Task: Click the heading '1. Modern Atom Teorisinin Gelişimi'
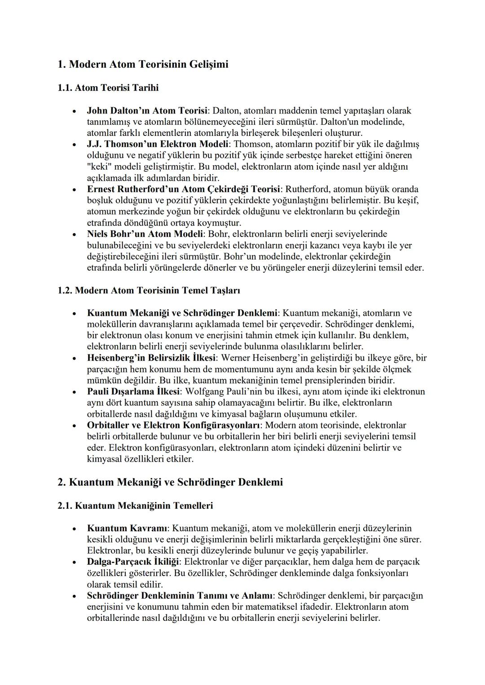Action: point(143,64)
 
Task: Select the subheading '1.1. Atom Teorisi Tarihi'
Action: point(108,87)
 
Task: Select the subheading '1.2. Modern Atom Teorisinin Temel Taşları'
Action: point(149,290)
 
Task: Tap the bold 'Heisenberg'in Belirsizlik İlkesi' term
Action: point(152,358)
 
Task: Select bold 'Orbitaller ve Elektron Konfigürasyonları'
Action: point(174,425)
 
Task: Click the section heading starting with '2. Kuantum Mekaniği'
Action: point(170,482)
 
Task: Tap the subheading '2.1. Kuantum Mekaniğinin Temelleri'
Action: point(135,506)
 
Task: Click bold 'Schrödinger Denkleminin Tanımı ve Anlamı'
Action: point(180,596)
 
